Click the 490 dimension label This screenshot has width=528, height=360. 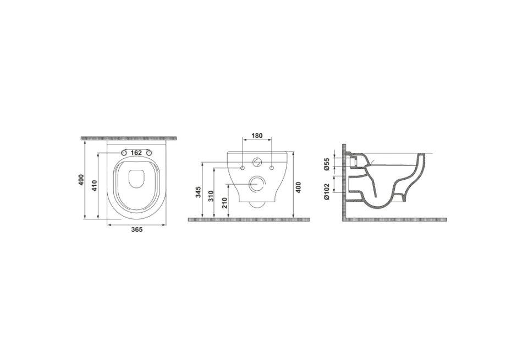coord(81,181)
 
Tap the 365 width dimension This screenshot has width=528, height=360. coord(137,229)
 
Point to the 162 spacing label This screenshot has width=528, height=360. coord(136,153)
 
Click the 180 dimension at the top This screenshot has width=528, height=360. coord(257,136)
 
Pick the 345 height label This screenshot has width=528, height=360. coord(199,192)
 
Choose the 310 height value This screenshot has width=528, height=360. coord(211,196)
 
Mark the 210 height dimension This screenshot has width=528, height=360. coord(224,203)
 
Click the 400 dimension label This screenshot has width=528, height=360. coord(298,187)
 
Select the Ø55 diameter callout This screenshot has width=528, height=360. coord(326,164)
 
